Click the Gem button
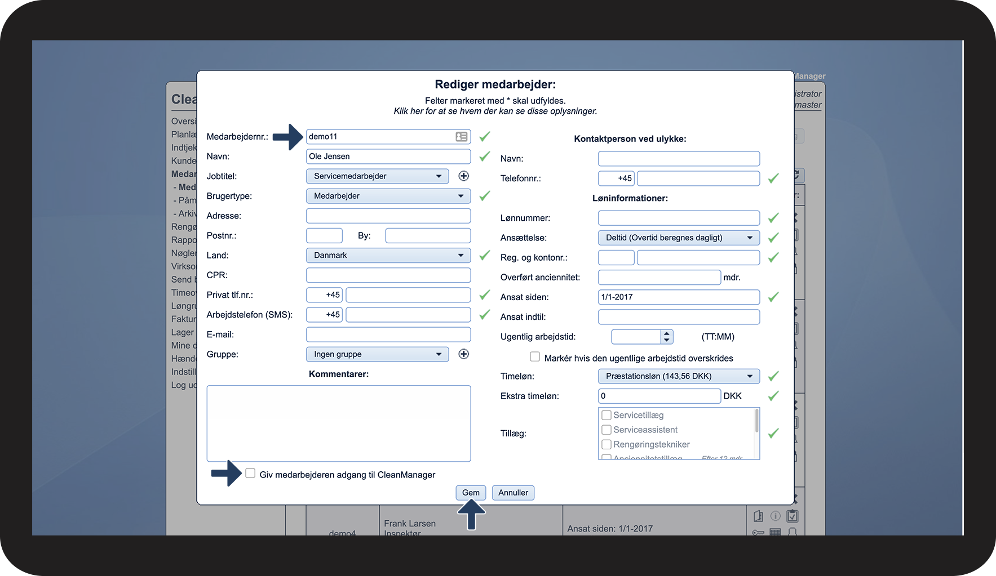point(471,493)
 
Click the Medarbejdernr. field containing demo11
point(380,137)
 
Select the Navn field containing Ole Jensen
point(388,157)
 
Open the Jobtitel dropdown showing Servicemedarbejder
point(377,176)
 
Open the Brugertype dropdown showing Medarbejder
point(388,196)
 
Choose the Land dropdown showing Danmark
point(388,255)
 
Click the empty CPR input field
point(388,275)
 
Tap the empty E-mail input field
point(388,334)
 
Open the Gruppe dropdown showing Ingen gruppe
point(377,354)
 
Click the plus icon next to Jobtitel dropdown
point(463,176)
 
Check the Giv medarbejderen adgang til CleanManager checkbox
point(250,474)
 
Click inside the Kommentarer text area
point(338,423)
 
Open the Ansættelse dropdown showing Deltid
point(679,238)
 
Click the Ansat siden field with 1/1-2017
point(679,297)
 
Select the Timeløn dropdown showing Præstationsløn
point(679,376)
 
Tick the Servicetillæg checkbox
point(607,415)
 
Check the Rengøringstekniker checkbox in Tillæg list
point(607,444)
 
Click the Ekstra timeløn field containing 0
point(659,396)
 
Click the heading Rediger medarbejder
point(495,84)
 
